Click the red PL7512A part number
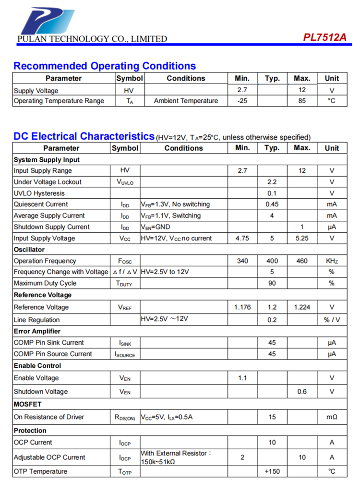coord(324,38)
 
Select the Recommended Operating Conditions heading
coord(104,66)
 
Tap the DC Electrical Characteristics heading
coord(84,136)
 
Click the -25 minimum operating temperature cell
coord(242,101)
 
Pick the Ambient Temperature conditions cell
coord(186,101)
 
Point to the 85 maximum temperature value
coord(302,101)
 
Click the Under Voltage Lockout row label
coord(48,182)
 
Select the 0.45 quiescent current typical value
coord(272,204)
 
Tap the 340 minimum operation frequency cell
coord(242,261)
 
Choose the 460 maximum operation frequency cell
coord(302,261)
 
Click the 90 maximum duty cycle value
coord(272,283)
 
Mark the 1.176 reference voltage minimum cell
coord(242,307)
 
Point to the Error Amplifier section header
coord(37,331)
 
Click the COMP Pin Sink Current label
coord(48,343)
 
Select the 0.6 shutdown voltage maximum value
coord(302,392)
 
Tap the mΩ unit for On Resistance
coord(332,417)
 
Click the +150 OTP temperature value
coord(272,471)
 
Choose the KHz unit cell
coord(332,261)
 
